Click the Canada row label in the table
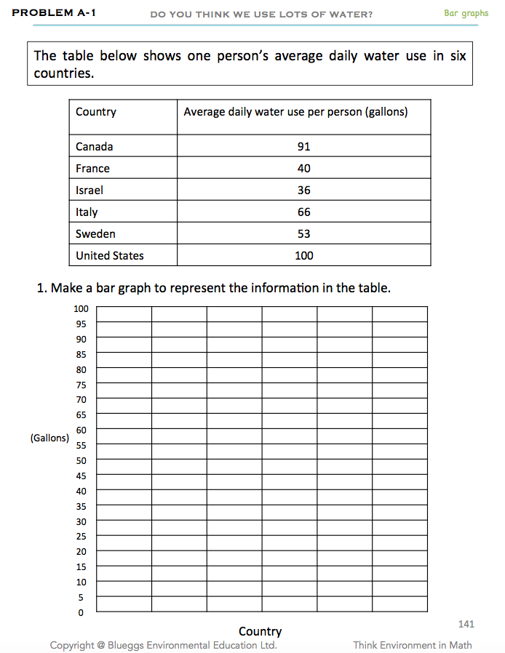(95, 146)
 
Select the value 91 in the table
(303, 146)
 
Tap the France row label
(92, 168)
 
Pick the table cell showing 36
(303, 190)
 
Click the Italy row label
(87, 212)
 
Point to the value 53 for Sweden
(303, 233)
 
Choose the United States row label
(110, 255)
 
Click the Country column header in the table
(96, 112)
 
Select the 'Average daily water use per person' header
(295, 112)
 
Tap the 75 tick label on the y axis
(81, 385)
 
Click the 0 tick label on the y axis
(81, 613)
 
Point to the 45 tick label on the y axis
(81, 476)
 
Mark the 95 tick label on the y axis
(81, 324)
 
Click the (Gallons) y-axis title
(49, 438)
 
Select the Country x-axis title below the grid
(260, 631)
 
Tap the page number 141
(466, 624)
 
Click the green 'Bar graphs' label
(466, 13)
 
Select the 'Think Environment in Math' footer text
(412, 645)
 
